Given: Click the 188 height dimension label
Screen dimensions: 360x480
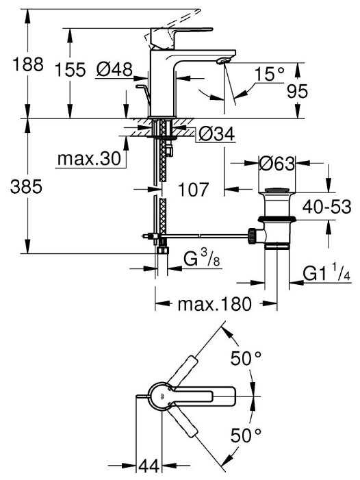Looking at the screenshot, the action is click(x=28, y=64).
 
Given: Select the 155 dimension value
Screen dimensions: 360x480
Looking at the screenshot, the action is click(x=70, y=69).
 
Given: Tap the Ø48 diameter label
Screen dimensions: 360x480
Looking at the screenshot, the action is click(x=114, y=69).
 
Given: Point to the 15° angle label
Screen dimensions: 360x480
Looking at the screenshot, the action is click(x=269, y=75).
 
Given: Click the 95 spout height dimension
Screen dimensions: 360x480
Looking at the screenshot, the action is click(x=297, y=91).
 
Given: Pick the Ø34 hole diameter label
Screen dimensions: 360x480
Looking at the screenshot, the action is click(x=217, y=134).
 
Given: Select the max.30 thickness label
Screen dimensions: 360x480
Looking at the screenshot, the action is click(x=89, y=159).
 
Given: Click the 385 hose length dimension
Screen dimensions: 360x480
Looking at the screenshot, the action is click(x=26, y=186).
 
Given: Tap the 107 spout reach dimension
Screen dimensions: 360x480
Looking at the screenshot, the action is click(x=193, y=190).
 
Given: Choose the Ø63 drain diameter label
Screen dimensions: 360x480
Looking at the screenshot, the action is click(x=277, y=164).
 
